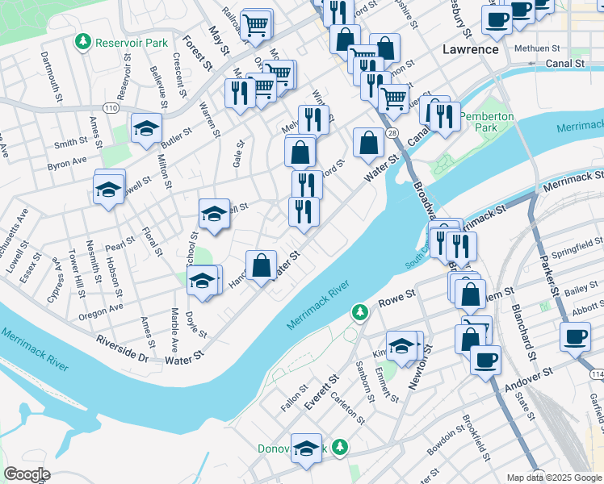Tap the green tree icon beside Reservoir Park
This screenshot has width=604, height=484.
tap(82, 40)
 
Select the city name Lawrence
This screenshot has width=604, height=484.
tap(471, 49)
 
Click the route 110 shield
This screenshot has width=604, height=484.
tap(111, 107)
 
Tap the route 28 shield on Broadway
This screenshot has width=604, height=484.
tap(391, 133)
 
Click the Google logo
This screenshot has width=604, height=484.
tap(27, 474)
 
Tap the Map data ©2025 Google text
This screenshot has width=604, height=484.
tap(554, 478)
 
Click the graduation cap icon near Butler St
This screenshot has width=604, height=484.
tap(147, 129)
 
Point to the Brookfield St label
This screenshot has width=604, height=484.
tap(476, 438)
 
